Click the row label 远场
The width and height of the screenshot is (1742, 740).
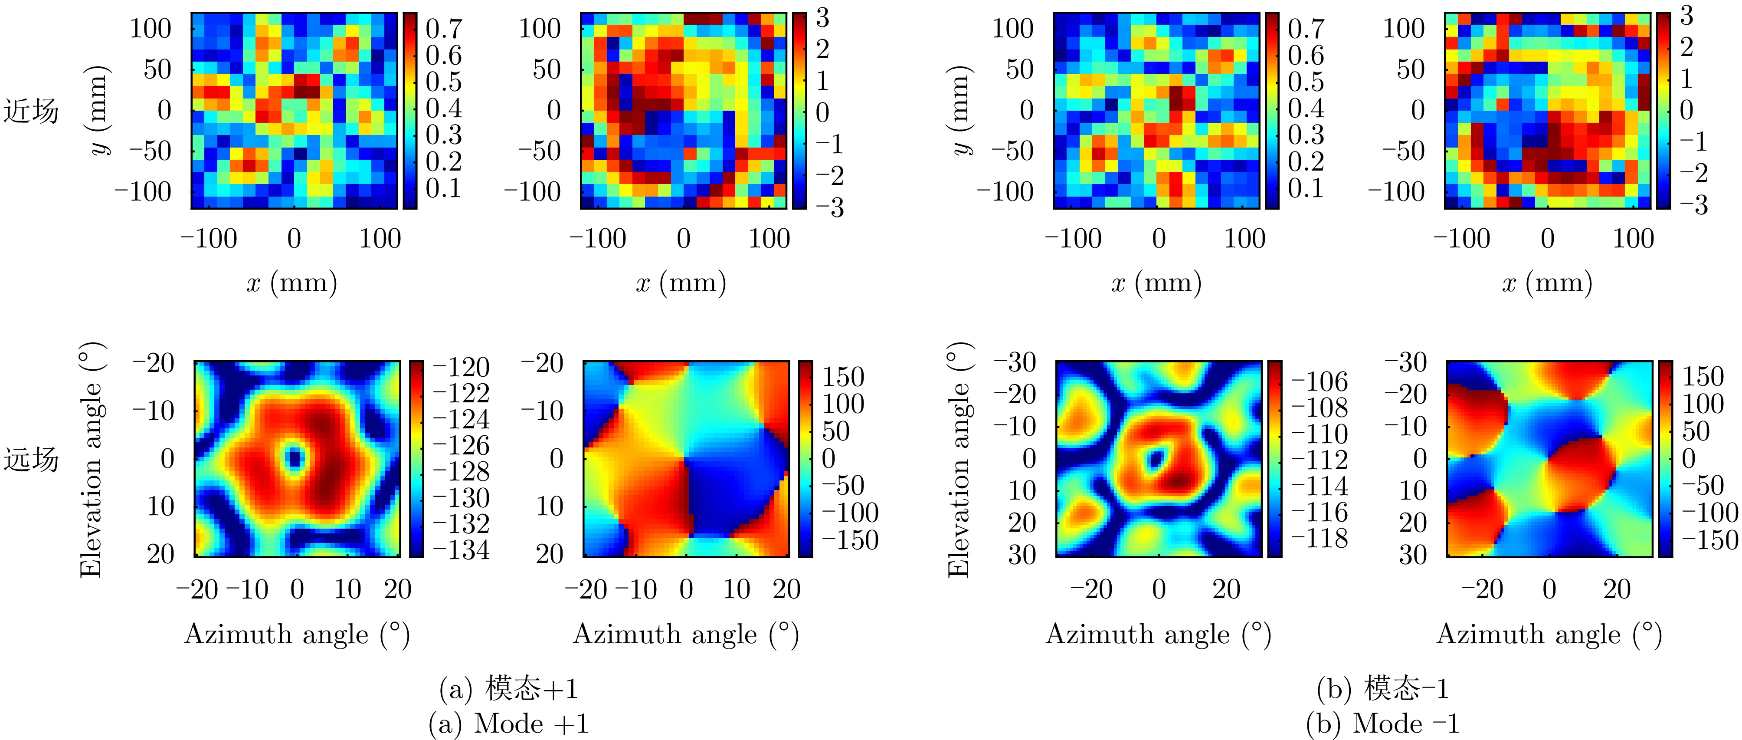pos(31,460)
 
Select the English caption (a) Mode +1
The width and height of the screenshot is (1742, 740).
pos(508,724)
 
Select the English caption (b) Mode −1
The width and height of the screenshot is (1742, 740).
pos(1382,724)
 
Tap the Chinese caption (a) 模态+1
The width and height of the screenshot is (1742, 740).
pos(508,689)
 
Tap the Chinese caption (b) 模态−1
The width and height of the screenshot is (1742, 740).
pos(1382,689)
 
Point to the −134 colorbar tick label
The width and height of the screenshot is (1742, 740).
pos(461,550)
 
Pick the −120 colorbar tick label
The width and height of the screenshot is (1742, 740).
pos(461,367)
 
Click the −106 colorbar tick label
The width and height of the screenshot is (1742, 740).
pos(1320,382)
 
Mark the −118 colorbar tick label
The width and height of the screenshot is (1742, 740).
pos(1320,539)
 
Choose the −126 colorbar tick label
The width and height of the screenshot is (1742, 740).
pos(461,445)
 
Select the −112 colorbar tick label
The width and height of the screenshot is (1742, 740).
pos(1320,460)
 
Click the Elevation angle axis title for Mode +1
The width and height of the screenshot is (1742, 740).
pos(91,460)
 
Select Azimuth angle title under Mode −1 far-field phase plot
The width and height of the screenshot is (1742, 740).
pos(1549,635)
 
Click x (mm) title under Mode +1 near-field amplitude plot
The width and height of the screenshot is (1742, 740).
pos(292,283)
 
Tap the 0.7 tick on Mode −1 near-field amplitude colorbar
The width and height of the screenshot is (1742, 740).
pos(1306,28)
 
